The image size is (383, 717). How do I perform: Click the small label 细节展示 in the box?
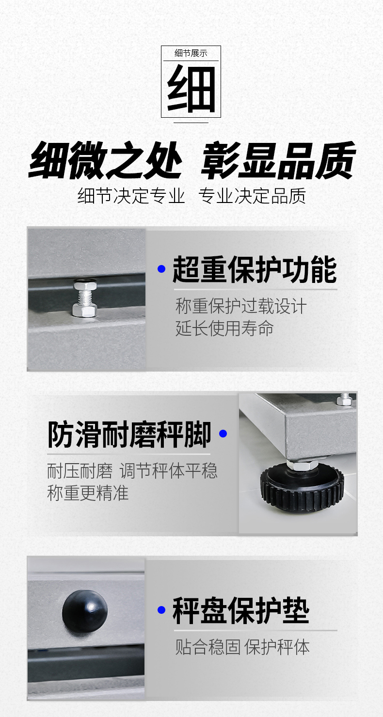(191, 53)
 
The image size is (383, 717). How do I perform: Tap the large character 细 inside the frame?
(191, 88)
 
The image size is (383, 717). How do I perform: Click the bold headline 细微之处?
(106, 160)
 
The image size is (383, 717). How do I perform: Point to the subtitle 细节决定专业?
(131, 196)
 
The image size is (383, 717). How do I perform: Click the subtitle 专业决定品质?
(253, 196)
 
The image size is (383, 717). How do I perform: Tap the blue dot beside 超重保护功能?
(162, 269)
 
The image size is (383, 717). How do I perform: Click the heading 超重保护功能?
(255, 269)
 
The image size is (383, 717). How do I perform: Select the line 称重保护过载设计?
(241, 306)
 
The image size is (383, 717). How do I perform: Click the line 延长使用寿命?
(224, 328)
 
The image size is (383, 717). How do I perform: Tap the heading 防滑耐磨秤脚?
(129, 435)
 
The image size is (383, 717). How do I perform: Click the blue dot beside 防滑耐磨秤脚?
(223, 434)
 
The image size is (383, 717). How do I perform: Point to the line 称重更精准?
(88, 493)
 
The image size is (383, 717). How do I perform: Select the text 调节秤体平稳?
(169, 471)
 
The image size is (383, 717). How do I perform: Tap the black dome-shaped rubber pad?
(85, 611)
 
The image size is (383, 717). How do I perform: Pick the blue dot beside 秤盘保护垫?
(162, 610)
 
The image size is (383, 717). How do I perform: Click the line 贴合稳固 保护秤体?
(242, 647)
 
